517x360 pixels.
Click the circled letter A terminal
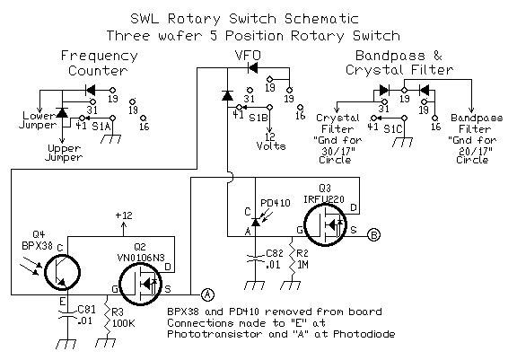click(207, 294)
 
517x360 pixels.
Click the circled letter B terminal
click(374, 235)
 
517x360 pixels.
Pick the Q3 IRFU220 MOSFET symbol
click(326, 224)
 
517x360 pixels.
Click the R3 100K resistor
click(107, 319)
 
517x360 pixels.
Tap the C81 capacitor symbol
click(67, 315)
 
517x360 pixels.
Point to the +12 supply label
click(124, 215)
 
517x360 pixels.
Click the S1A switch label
click(101, 127)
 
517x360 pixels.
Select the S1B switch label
click(258, 118)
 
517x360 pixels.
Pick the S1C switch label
click(393, 129)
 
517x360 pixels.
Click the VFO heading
click(248, 55)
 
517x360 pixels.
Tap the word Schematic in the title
click(321, 19)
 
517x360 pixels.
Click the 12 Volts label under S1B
click(271, 142)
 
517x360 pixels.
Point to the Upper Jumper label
click(64, 153)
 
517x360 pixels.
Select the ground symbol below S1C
click(403, 142)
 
